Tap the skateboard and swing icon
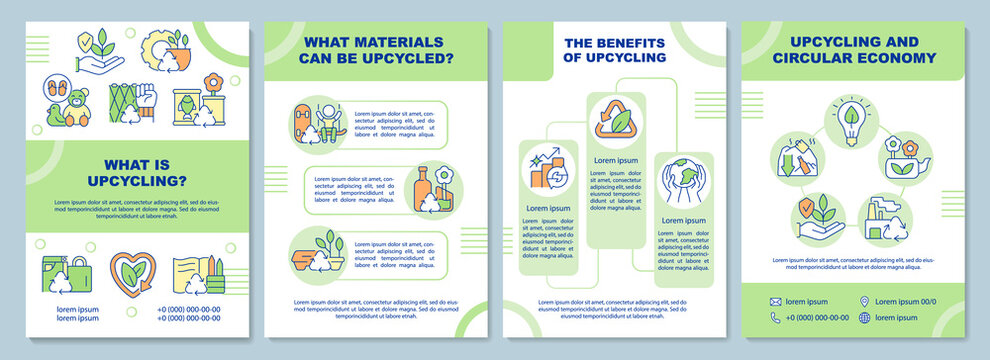(315, 126)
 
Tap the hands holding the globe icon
(684, 184)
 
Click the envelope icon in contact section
(775, 301)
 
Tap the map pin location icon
(865, 301)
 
